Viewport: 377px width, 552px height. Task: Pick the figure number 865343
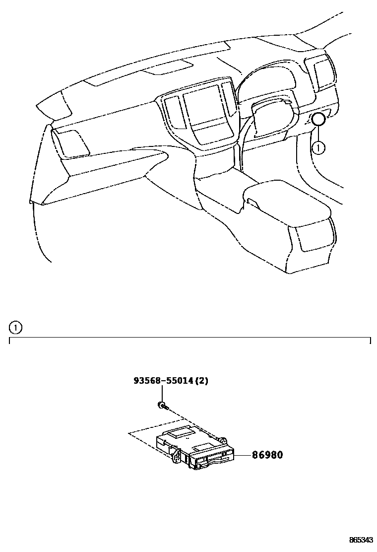(361, 540)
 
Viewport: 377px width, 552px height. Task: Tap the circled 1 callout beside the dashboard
(319, 147)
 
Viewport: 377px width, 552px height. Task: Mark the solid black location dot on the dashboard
(318, 119)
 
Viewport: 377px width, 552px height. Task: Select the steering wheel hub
(270, 117)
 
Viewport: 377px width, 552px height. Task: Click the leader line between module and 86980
(243, 454)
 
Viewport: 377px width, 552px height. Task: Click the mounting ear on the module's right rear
(223, 440)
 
